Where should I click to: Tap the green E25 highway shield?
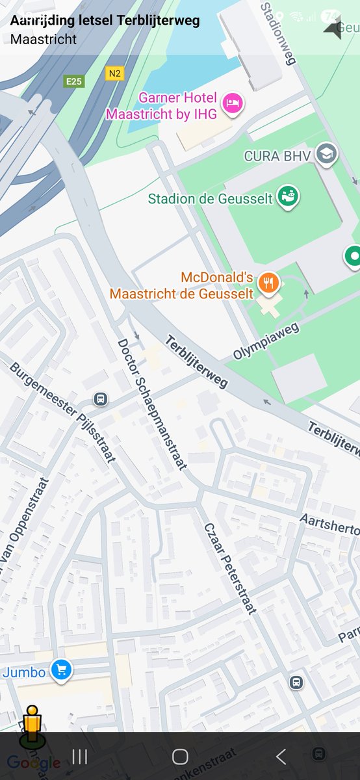pos(73,81)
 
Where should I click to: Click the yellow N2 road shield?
pos(114,73)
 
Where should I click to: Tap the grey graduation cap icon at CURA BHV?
pos(326,155)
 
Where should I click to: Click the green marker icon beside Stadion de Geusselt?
pos(288,196)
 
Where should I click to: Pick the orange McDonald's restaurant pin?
pos(268,283)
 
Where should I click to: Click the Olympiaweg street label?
pos(266,341)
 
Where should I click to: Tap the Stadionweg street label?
pos(279,33)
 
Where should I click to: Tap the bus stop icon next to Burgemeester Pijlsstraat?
pos(100,398)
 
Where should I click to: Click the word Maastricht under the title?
pos(44,39)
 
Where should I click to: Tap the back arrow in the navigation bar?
pos(281,756)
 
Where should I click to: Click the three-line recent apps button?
pos(80,756)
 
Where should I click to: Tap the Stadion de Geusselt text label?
pos(210,198)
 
